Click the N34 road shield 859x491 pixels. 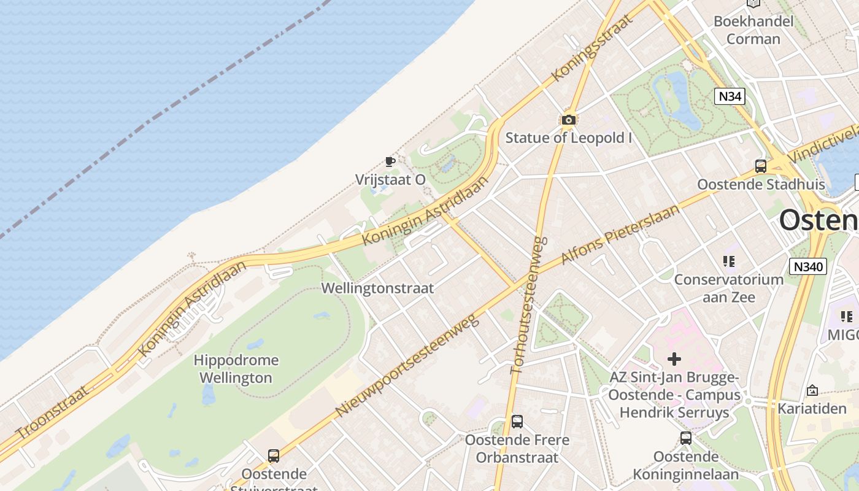(x=730, y=96)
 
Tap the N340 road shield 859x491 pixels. (x=807, y=266)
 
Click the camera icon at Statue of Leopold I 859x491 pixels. (x=569, y=120)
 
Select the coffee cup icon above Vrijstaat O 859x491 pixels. (x=390, y=161)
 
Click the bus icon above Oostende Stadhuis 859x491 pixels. (x=761, y=166)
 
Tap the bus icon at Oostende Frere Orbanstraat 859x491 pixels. (x=517, y=422)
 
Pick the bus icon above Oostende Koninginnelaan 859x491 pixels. (x=686, y=438)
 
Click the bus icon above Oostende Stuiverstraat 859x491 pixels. (x=274, y=456)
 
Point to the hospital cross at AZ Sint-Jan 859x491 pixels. (x=674, y=359)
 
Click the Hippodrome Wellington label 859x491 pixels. (x=236, y=369)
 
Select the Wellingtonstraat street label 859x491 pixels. (x=377, y=288)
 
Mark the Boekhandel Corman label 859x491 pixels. (x=753, y=30)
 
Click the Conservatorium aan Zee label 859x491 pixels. (x=728, y=288)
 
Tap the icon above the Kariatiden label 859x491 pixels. (x=812, y=390)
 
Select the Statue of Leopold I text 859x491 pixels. (x=568, y=138)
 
